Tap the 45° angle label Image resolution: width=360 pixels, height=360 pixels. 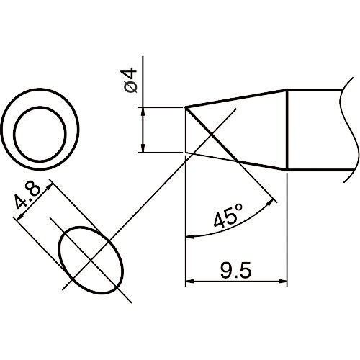228,215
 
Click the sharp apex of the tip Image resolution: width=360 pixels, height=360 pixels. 186,108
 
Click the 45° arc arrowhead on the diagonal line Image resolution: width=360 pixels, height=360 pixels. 274,199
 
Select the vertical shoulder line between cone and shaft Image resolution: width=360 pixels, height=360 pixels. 288,130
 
